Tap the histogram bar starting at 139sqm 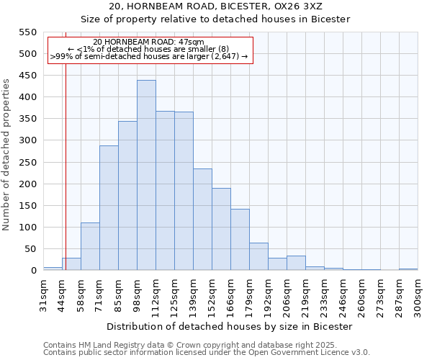coord(202,220)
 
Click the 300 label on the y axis coord(27,140)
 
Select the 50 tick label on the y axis coord(30,249)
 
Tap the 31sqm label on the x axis coord(44,294)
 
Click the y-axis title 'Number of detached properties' coord(7,155)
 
